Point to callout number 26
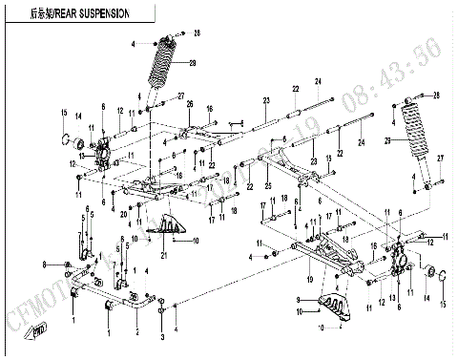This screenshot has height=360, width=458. [x=190, y=104]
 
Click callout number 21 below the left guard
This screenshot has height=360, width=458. [x=164, y=255]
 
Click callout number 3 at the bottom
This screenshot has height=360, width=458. [x=162, y=337]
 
